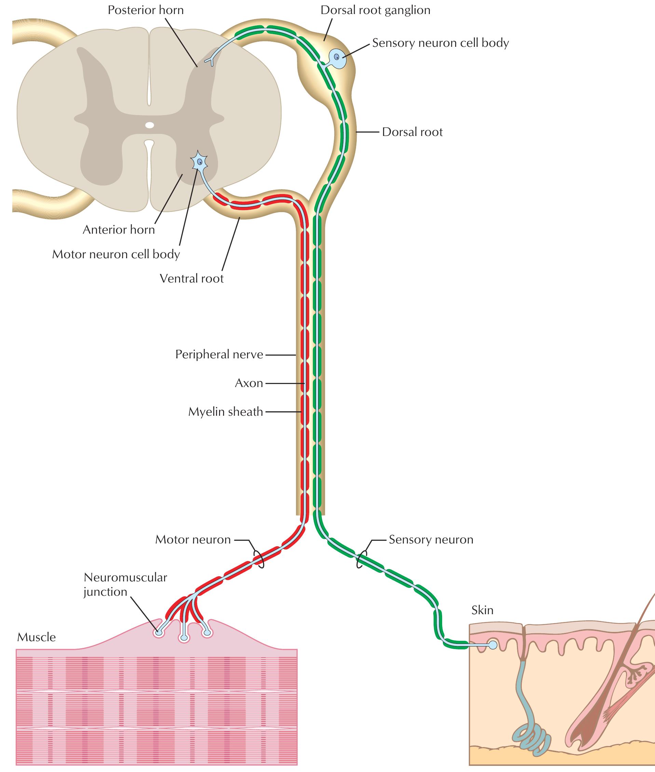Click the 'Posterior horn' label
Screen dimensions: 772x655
[x=146, y=10]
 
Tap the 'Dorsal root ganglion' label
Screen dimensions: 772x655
[x=376, y=10]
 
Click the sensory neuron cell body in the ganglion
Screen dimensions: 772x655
[x=337, y=57]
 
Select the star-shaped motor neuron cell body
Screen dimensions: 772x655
[x=200, y=162]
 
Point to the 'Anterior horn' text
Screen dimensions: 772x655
[x=119, y=230]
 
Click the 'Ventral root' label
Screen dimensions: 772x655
[x=192, y=278]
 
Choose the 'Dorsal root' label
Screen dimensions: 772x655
[x=412, y=132]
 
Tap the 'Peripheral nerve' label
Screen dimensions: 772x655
[x=219, y=355]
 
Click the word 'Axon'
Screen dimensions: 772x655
[x=249, y=383]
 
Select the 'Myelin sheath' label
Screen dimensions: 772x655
[x=226, y=412]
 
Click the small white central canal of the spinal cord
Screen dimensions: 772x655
[x=149, y=125]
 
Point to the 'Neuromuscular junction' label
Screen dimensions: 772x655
[x=125, y=584]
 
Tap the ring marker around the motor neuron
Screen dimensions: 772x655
[x=259, y=559]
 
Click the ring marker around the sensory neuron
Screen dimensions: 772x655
[x=361, y=559]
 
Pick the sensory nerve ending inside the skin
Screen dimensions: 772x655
[x=493, y=645]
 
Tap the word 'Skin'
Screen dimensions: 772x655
[x=482, y=610]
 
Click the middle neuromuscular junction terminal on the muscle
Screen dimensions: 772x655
[x=184, y=638]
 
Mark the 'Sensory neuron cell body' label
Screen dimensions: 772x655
[x=440, y=43]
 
